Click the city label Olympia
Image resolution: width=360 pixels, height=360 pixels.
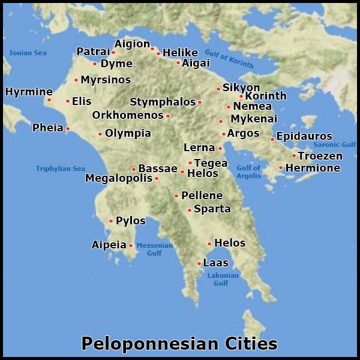click(x=128, y=133)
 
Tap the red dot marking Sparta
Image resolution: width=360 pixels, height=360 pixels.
click(x=190, y=210)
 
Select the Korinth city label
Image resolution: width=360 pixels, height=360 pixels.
click(x=266, y=96)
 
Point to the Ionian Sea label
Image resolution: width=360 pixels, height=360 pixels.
click(x=28, y=53)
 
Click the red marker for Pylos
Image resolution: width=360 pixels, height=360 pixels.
click(x=111, y=221)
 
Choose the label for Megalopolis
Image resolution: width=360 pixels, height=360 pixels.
click(x=118, y=178)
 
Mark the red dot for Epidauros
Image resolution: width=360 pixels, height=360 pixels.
click(x=272, y=139)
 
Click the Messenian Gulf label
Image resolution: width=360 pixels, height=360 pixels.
click(x=155, y=249)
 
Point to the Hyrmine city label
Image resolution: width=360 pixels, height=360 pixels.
click(x=29, y=92)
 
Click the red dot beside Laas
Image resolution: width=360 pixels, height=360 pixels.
click(x=199, y=263)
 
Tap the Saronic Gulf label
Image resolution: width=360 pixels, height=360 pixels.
click(x=335, y=145)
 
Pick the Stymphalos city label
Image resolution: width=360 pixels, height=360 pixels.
click(x=163, y=102)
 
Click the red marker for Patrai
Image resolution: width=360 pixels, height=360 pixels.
click(x=113, y=52)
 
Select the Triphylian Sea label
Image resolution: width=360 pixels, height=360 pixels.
click(x=60, y=169)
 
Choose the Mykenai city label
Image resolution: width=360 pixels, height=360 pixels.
click(x=254, y=119)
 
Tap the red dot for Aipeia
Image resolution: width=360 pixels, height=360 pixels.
click(x=131, y=245)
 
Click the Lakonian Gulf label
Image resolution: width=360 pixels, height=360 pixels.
click(x=223, y=279)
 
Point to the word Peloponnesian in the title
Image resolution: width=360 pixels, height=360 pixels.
click(x=144, y=344)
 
